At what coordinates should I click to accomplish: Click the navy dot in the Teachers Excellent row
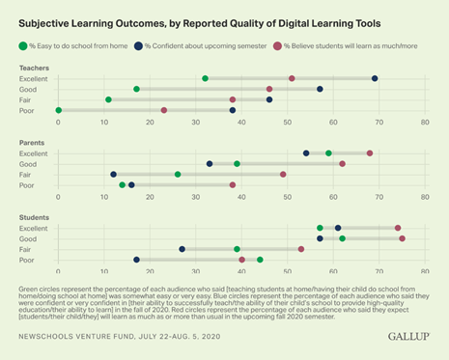[375, 78]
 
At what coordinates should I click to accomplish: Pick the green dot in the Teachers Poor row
[59, 110]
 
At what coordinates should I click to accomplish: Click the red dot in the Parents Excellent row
[370, 152]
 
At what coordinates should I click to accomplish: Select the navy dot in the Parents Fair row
[114, 175]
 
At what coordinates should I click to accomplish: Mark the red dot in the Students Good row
[402, 238]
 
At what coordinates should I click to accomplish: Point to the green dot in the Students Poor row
[260, 260]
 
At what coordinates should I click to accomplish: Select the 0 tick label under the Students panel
[59, 273]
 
